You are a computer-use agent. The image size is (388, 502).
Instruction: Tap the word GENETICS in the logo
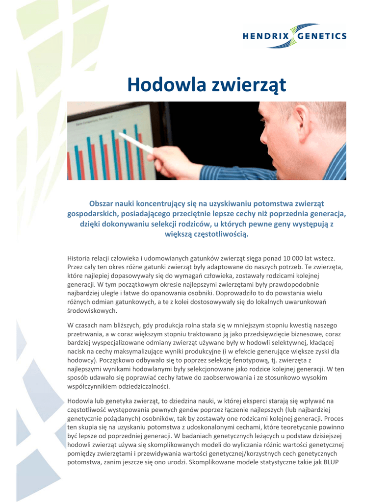click(326, 36)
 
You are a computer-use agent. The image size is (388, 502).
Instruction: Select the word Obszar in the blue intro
click(102, 203)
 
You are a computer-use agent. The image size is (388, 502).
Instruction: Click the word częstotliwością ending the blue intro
click(217, 234)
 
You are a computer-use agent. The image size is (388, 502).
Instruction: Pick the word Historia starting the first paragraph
click(79, 258)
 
